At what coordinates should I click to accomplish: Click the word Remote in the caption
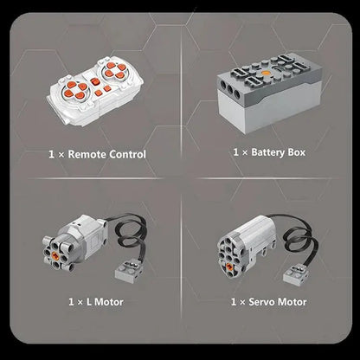tap(87, 154)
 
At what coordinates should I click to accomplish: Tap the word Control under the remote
tap(127, 154)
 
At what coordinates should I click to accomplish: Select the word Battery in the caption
tap(267, 152)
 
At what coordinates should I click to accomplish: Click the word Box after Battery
tap(296, 152)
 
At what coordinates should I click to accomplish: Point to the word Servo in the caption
tap(261, 302)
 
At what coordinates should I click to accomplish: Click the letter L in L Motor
tap(89, 302)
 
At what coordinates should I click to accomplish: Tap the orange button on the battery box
tap(266, 74)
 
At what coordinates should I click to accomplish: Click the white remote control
tap(95, 91)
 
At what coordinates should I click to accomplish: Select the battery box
tap(269, 93)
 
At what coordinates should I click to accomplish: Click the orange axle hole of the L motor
tap(55, 255)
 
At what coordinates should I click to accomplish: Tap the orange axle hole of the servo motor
tap(230, 267)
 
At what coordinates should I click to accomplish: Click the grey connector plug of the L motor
tap(129, 272)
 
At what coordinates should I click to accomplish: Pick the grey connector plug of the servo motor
tap(298, 274)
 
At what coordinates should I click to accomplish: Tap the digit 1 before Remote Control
tap(52, 154)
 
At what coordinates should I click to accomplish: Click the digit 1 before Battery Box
tap(236, 152)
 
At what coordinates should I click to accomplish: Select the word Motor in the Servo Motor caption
tap(292, 302)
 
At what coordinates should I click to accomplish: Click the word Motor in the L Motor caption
tap(109, 302)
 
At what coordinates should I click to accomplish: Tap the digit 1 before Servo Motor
tap(234, 302)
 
